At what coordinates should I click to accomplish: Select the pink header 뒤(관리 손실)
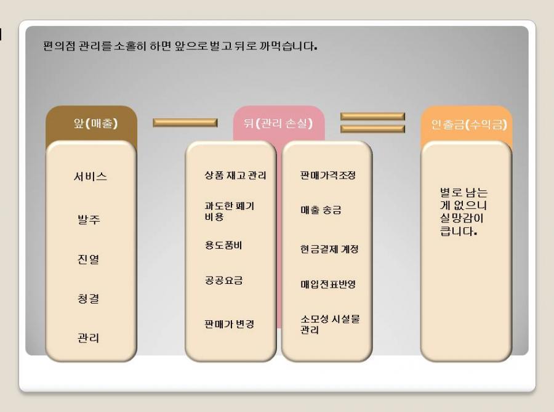(x=278, y=123)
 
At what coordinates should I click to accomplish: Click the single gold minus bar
(x=185, y=123)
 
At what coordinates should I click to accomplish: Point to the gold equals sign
(x=372, y=123)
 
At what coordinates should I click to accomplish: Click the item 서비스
(x=90, y=176)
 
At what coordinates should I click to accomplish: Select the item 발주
(x=89, y=219)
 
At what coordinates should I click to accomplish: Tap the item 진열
(x=88, y=259)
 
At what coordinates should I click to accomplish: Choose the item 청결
(x=88, y=299)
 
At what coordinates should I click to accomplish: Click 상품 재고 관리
(x=235, y=176)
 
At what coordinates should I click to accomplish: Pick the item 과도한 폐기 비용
(x=230, y=211)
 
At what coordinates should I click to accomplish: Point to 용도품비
(x=223, y=245)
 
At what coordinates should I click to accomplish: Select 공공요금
(x=223, y=280)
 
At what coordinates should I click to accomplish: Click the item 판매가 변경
(x=230, y=324)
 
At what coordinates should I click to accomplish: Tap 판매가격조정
(x=328, y=176)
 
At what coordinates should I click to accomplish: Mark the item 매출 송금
(x=321, y=210)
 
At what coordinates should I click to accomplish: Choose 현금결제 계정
(x=329, y=249)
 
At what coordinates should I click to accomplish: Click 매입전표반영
(x=328, y=284)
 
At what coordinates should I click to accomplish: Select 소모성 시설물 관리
(x=330, y=324)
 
